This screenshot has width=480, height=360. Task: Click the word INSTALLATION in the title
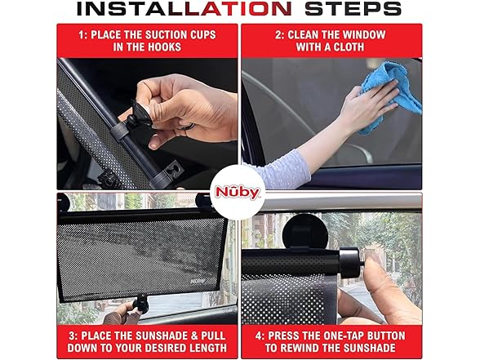pyautogui.click(x=184, y=8)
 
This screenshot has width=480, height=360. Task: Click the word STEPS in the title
pyautogui.click(x=353, y=8)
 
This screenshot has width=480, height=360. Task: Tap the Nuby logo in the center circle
pyautogui.click(x=238, y=193)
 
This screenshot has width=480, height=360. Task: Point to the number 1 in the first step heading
pyautogui.click(x=82, y=35)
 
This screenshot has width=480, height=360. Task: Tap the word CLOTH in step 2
pyautogui.click(x=349, y=47)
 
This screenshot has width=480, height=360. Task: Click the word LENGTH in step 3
pyautogui.click(x=207, y=349)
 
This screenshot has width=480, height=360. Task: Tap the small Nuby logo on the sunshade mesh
pyautogui.click(x=198, y=281)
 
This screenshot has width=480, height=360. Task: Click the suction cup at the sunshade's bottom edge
pyautogui.click(x=140, y=300)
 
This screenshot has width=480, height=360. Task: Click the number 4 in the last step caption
pyautogui.click(x=258, y=336)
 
